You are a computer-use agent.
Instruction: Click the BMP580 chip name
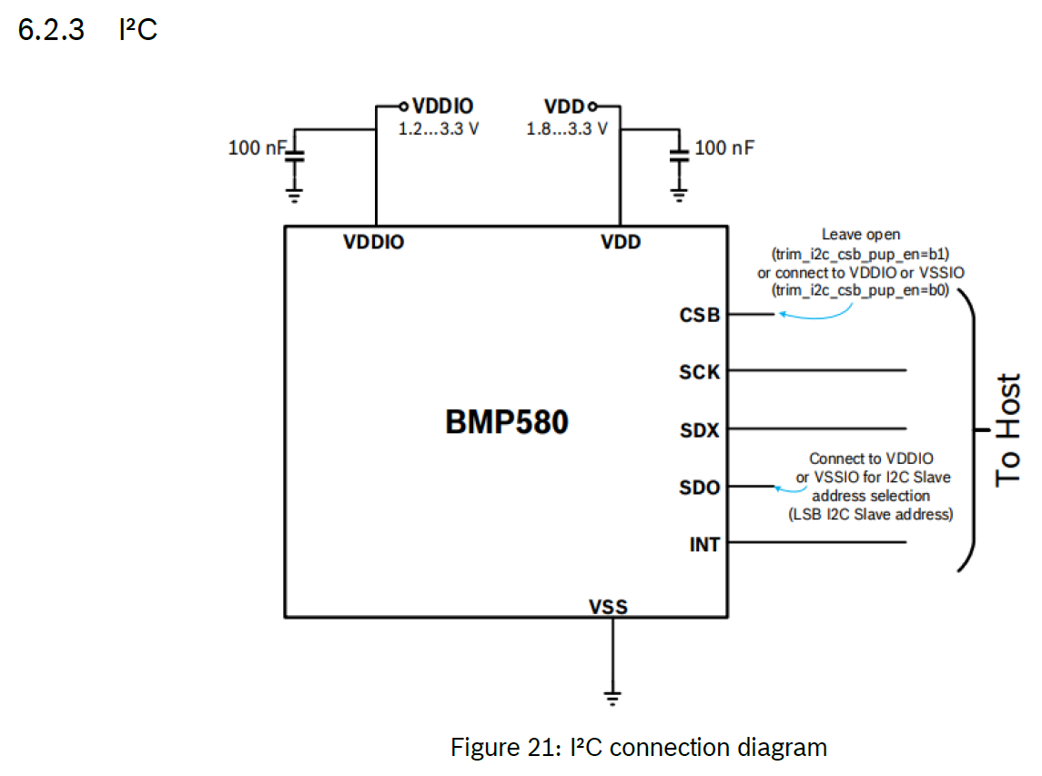pyautogui.click(x=506, y=423)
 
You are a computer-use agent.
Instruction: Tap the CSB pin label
pyautogui.click(x=699, y=316)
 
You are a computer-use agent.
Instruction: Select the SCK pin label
pyautogui.click(x=699, y=372)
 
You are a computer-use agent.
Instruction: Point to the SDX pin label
pyautogui.click(x=699, y=430)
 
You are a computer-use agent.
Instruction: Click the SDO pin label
pyautogui.click(x=699, y=488)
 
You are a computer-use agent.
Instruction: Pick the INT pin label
pyautogui.click(x=704, y=545)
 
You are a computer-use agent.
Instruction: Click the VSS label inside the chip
pyautogui.click(x=608, y=606)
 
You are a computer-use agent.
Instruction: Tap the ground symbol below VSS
pyautogui.click(x=613, y=698)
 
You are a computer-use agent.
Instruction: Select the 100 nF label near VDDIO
pyautogui.click(x=257, y=147)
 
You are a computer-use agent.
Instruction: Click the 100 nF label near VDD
pyautogui.click(x=724, y=147)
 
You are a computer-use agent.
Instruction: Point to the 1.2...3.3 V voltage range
pyautogui.click(x=439, y=128)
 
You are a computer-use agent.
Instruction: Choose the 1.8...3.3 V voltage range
pyautogui.click(x=567, y=128)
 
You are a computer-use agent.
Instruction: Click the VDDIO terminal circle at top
pyautogui.click(x=403, y=106)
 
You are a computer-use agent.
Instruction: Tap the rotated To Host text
pyautogui.click(x=1008, y=429)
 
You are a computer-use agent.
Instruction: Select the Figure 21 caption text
pyautogui.click(x=639, y=748)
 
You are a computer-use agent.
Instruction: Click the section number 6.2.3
pyautogui.click(x=51, y=30)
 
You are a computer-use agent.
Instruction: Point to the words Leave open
pyautogui.click(x=861, y=235)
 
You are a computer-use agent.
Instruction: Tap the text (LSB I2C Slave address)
pyautogui.click(x=870, y=514)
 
